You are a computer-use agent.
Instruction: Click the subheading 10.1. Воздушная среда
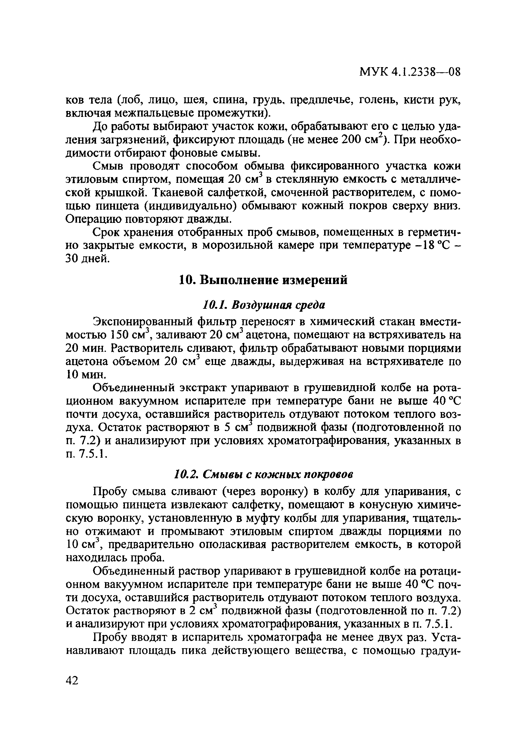(264, 305)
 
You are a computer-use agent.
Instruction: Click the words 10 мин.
(85, 375)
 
